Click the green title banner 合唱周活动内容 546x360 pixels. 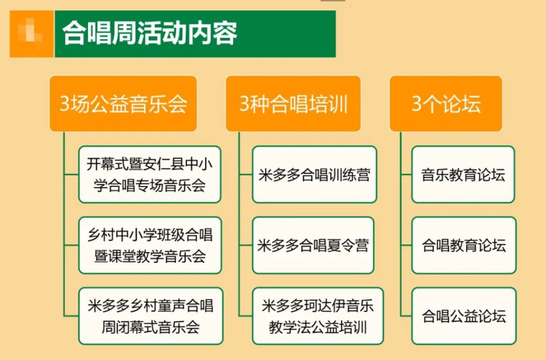point(195,34)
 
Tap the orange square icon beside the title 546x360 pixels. point(31,34)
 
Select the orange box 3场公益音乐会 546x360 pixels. point(123,104)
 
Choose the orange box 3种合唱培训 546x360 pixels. point(293,104)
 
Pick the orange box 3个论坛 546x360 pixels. point(446,104)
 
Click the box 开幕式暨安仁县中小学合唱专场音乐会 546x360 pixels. point(150,174)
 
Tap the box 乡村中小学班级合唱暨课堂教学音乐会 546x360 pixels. point(150,245)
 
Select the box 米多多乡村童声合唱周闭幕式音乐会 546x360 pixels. point(150,316)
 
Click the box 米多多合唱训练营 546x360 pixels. point(315,174)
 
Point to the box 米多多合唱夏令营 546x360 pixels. point(313,245)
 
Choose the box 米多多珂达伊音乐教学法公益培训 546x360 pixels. point(318,316)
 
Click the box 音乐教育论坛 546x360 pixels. point(463,174)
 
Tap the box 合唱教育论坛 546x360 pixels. point(464,245)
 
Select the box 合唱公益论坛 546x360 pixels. point(464,316)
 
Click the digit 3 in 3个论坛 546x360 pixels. point(417,104)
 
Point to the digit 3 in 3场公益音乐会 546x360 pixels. point(65,104)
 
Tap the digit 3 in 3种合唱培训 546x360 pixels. point(245,104)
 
